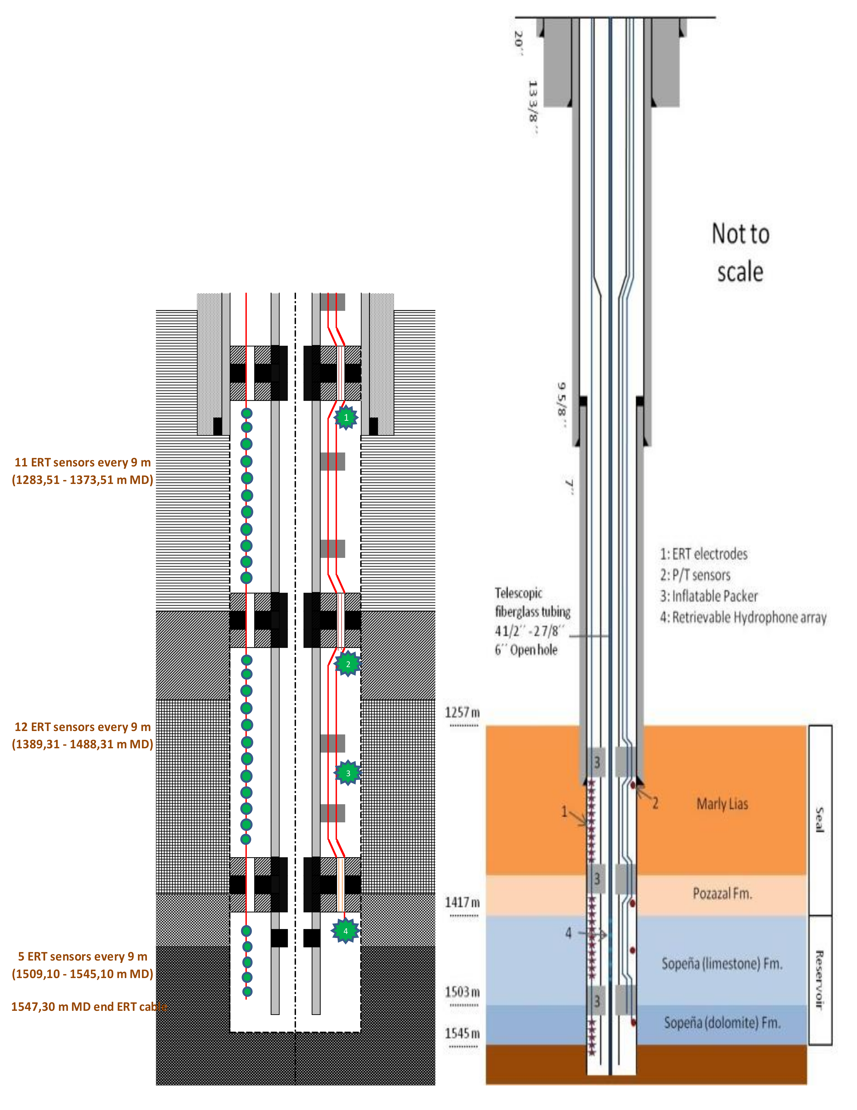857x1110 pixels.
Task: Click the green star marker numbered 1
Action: coord(346,418)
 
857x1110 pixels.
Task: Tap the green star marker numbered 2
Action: coord(348,664)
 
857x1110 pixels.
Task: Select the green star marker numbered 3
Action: coord(348,773)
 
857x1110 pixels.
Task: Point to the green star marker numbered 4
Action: coord(345,931)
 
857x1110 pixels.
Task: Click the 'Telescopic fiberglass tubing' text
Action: coord(533,602)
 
